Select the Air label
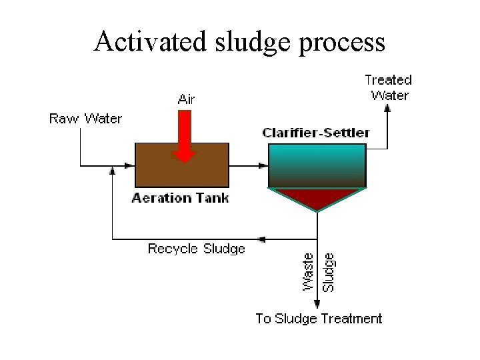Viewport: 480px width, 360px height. (187, 99)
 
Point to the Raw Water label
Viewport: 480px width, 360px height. (86, 119)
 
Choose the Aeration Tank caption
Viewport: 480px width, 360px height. (181, 198)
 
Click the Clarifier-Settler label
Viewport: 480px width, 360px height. (316, 133)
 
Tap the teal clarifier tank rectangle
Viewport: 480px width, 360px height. (317, 165)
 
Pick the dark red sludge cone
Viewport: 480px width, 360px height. (317, 197)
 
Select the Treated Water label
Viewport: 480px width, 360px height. (389, 87)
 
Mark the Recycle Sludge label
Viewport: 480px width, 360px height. (197, 249)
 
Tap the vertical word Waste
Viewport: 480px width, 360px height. (309, 271)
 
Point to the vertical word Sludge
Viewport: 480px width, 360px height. (329, 271)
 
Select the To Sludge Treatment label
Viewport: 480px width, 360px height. (319, 319)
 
